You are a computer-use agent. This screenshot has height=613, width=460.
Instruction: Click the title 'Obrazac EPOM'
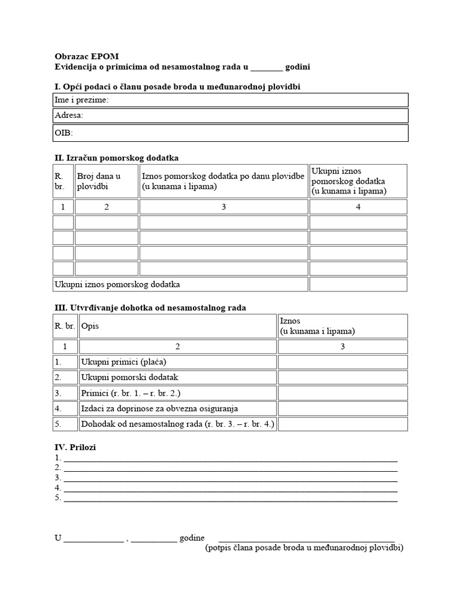tap(86, 57)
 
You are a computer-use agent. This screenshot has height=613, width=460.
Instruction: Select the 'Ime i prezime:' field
tap(231, 100)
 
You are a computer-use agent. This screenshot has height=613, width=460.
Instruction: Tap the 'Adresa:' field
tap(231, 116)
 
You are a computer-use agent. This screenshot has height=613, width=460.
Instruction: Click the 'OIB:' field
tap(231, 132)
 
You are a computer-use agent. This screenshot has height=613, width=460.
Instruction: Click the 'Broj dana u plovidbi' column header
tap(106, 181)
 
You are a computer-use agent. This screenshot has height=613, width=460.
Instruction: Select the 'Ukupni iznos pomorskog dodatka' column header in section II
tap(358, 181)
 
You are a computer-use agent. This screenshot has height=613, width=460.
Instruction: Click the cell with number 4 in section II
tap(358, 207)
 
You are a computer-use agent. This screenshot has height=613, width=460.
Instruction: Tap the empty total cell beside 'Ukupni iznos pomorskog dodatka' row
tap(358, 284)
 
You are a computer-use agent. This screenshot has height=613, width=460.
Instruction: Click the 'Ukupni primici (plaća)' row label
tap(123, 362)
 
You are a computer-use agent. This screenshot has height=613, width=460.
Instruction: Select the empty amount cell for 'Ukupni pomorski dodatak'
tap(343, 377)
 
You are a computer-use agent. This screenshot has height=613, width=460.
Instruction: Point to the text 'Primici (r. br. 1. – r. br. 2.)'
tap(131, 393)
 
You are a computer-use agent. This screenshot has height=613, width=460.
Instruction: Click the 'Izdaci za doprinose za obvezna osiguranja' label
tap(159, 409)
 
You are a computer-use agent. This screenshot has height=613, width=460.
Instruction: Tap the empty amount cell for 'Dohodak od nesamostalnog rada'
tap(343, 424)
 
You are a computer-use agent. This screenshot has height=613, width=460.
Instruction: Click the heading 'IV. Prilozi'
tap(75, 447)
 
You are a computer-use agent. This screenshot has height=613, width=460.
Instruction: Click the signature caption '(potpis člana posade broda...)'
tap(304, 548)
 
